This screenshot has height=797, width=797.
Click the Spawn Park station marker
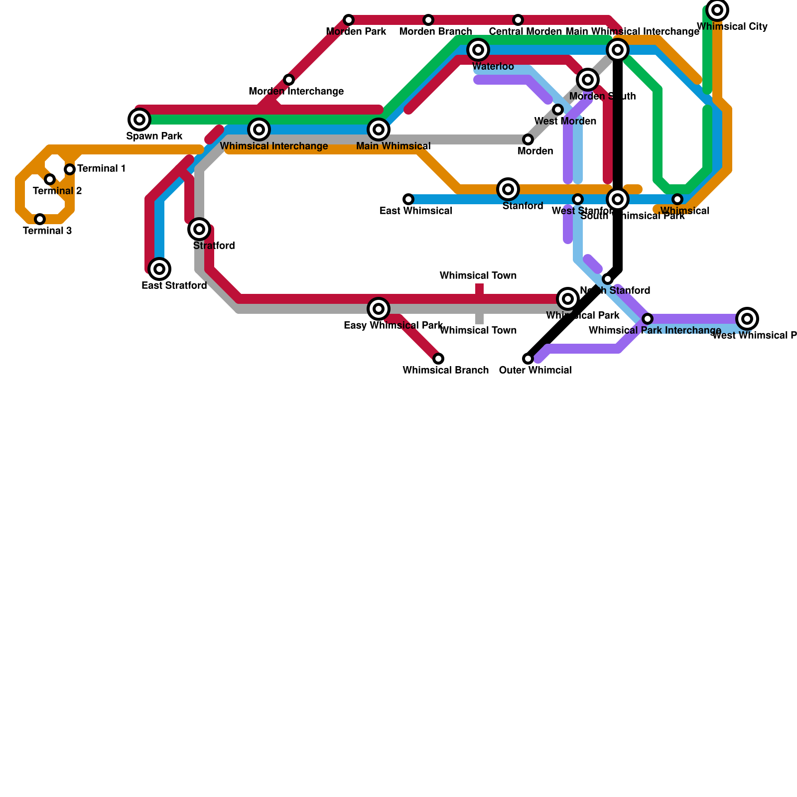coord(139,120)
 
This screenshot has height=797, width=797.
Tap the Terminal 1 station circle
coord(70,169)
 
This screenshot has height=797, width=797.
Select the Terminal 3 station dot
coord(40,219)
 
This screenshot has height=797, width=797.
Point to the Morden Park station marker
coord(349,20)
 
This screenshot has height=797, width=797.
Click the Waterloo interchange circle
coord(478,49)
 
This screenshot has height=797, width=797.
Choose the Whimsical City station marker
coord(717,9)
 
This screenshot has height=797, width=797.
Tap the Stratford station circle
coord(199,229)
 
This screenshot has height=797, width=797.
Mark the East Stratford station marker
coord(159,269)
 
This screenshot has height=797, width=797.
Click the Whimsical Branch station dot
coord(438,359)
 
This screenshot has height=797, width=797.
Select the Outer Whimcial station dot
coord(528,359)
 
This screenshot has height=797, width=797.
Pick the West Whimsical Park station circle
coord(747,319)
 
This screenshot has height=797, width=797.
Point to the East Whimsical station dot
coord(408,199)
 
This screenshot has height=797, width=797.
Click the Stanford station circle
coord(508,189)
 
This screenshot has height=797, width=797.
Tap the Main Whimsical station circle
coord(379,130)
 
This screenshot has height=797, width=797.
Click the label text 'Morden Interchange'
coord(296,92)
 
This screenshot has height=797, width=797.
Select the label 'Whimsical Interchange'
coord(273,146)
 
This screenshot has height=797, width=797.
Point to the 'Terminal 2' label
coord(57,191)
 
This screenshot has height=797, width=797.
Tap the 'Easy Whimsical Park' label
coord(393,326)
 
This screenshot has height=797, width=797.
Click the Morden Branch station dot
coord(428,20)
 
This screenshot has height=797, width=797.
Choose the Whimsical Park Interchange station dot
coord(648,319)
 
